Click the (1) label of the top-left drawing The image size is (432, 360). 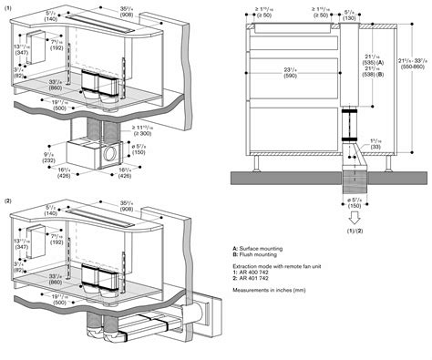(8, 9)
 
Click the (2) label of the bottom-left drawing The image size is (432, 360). (8, 199)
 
